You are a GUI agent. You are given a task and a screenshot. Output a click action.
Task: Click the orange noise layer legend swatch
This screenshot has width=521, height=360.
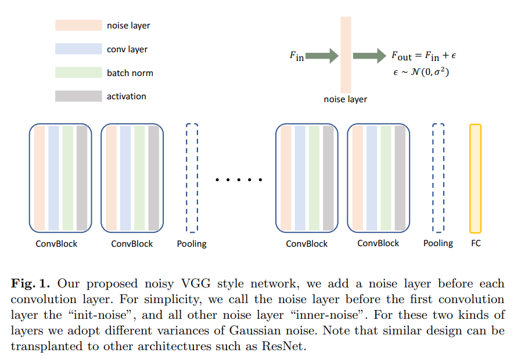click(x=78, y=26)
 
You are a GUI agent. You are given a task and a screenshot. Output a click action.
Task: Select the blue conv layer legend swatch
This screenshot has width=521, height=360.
click(x=78, y=49)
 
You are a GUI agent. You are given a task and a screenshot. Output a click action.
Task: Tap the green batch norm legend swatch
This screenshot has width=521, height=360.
click(x=78, y=73)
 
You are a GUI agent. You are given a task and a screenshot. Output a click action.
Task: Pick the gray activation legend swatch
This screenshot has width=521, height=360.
click(x=78, y=96)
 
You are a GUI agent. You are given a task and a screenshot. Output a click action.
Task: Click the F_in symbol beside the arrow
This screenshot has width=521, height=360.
click(x=296, y=56)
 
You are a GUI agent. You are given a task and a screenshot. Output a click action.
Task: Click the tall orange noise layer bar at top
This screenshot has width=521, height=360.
click(x=346, y=55)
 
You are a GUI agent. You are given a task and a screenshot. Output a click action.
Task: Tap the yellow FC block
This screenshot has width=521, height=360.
click(x=476, y=178)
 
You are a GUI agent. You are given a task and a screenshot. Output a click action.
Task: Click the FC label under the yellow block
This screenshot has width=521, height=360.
click(x=476, y=243)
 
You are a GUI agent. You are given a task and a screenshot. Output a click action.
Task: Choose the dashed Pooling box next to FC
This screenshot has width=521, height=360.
click(x=439, y=178)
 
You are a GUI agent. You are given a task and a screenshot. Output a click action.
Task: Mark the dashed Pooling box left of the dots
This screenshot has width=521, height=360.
click(x=192, y=178)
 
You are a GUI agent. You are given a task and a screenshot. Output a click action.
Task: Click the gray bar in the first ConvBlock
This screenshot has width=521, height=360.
click(x=82, y=178)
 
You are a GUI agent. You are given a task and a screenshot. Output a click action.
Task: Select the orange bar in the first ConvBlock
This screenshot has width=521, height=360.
click(x=39, y=178)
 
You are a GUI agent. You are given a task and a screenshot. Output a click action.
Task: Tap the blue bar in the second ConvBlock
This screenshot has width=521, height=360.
click(x=125, y=178)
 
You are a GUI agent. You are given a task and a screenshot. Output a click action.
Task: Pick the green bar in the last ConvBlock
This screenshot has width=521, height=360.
click(x=386, y=178)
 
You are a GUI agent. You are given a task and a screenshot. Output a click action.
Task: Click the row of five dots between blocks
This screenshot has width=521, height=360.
click(x=239, y=180)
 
